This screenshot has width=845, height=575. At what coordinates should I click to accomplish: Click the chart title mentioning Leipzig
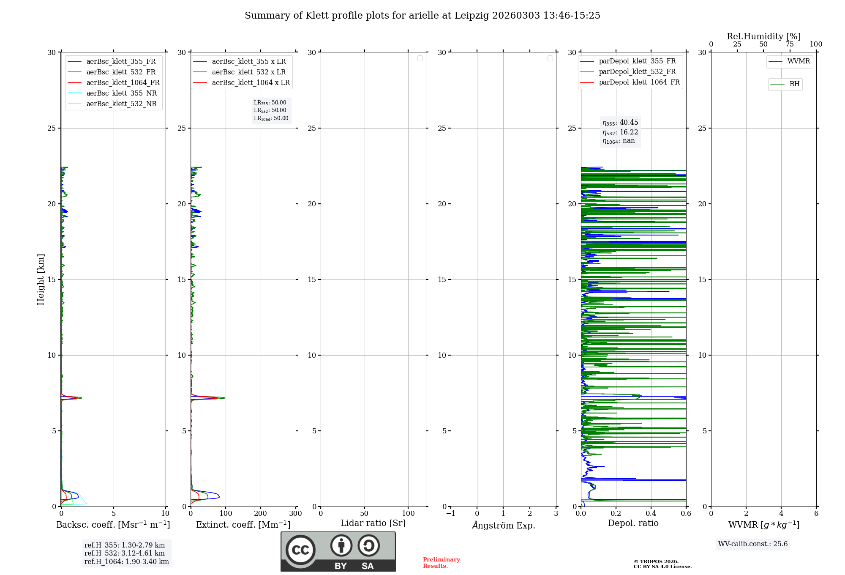[x=422, y=16]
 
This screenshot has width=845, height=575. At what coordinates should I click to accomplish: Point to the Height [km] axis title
[x=41, y=279]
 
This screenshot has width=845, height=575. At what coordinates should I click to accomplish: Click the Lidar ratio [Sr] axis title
[x=373, y=523]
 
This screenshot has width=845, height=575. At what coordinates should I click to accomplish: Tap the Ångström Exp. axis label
[x=503, y=525]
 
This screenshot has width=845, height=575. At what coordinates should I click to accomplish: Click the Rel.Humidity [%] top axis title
[x=763, y=36]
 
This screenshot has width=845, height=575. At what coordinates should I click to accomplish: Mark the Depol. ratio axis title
[x=633, y=523]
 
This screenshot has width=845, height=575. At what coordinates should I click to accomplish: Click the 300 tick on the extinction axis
[x=295, y=513]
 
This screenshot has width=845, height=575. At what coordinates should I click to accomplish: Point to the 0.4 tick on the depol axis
[x=651, y=513]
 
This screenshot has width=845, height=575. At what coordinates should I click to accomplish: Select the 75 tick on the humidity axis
[x=789, y=44]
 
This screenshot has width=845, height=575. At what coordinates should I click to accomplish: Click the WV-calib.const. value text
[x=753, y=544]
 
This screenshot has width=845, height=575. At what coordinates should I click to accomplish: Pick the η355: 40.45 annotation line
[x=620, y=123]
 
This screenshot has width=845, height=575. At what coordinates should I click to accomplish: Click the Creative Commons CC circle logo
[x=300, y=550]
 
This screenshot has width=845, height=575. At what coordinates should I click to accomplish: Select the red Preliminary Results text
[x=441, y=562]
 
